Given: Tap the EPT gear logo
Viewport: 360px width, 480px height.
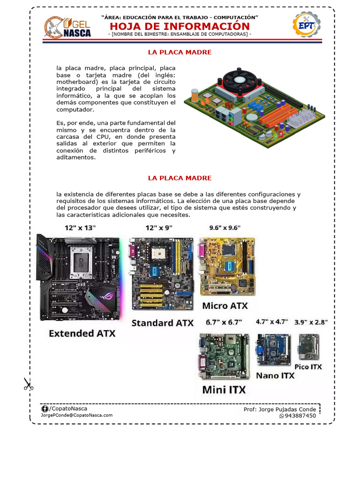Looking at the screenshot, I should [306, 25].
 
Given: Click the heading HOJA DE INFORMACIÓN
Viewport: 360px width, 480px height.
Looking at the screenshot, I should [180, 26].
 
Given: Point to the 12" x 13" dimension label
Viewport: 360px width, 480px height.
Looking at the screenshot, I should [80, 228].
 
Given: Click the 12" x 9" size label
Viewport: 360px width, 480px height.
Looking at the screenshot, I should [159, 228].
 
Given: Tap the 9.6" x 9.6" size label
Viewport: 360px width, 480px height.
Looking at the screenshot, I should [225, 228].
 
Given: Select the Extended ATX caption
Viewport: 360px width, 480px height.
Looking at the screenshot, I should [82, 334].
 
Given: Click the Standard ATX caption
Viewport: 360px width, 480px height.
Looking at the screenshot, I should [162, 323].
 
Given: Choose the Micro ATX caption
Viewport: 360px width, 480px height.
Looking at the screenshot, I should [225, 306].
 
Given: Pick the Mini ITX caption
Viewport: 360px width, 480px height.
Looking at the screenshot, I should [224, 390].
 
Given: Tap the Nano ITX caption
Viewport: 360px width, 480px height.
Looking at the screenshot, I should [275, 375].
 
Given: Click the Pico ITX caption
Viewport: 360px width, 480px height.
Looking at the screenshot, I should [308, 367].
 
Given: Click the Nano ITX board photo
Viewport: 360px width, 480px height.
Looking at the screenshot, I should [272, 350].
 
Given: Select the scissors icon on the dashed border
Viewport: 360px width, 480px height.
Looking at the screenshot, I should [29, 384].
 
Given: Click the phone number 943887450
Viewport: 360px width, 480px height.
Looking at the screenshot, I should [300, 416].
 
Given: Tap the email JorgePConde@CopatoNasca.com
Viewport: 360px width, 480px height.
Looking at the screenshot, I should [77, 415].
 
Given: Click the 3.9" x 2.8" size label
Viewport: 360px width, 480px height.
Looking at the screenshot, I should [311, 322].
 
